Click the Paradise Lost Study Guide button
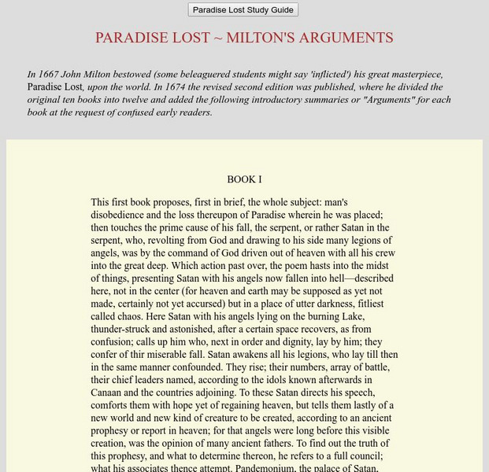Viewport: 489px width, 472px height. [243, 10]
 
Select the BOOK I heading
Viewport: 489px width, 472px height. [244, 179]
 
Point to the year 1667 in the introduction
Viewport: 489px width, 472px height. [50, 75]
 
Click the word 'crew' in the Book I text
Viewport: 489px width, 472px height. [384, 253]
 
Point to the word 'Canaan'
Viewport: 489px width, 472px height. [106, 392]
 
